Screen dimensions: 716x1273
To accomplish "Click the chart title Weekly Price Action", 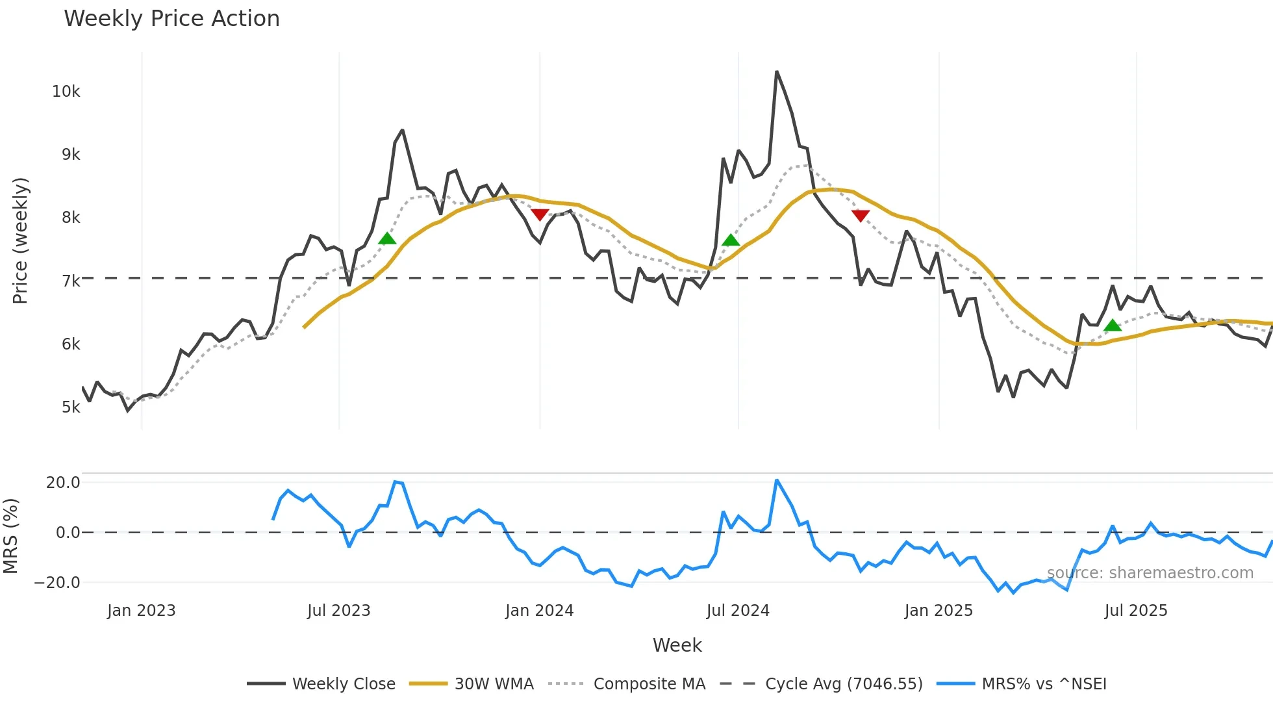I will tap(171, 19).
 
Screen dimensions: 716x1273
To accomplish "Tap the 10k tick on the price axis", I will tap(66, 92).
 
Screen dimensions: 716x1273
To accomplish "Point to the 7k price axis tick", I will tap(70, 281).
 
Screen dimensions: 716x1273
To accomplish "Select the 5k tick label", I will tap(70, 407).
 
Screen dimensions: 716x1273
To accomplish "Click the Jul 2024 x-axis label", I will tap(737, 611).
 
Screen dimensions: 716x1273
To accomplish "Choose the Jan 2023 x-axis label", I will tap(141, 611).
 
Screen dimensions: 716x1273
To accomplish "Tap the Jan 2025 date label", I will tap(938, 611).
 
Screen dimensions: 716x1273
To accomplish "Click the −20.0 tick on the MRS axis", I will tap(57, 583).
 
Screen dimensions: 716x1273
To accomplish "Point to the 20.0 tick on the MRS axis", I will tap(62, 483).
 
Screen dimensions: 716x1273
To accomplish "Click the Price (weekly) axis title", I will tap(20, 240).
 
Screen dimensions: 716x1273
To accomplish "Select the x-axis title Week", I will tap(677, 645).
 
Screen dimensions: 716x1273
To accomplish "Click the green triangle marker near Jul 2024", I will tap(731, 240).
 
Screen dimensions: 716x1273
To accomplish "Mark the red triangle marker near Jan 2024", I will tap(540, 214).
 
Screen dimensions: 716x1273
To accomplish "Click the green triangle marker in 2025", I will tap(1113, 326).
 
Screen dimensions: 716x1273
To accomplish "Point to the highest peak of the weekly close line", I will tap(777, 72).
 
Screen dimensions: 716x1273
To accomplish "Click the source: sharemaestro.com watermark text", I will tap(1150, 573).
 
